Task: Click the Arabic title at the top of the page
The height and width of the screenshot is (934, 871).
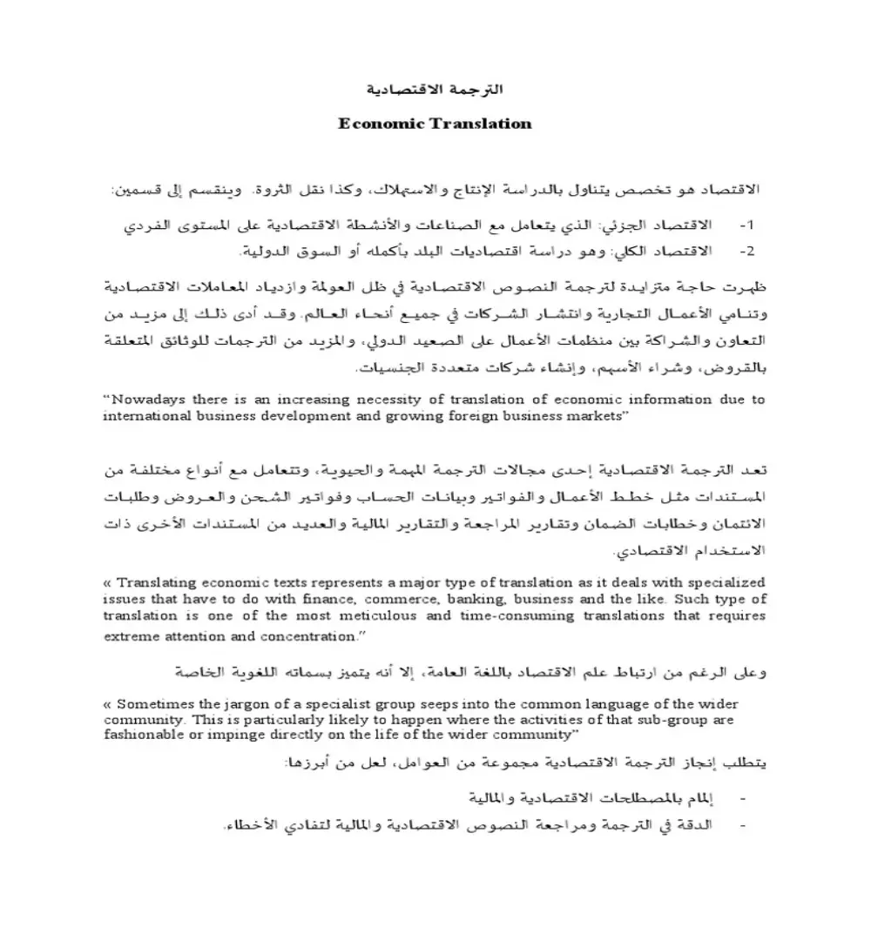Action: click(x=434, y=91)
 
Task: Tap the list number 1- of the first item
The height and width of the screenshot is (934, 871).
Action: click(x=746, y=225)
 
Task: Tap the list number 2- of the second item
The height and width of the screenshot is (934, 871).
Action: click(x=746, y=251)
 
